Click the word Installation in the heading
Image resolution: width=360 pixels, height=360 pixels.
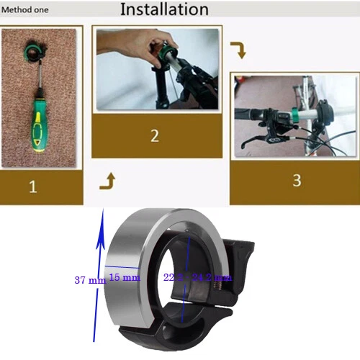click(164, 9)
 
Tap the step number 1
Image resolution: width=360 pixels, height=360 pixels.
click(32, 188)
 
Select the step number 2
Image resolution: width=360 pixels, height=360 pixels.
click(154, 135)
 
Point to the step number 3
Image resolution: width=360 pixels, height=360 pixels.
click(297, 180)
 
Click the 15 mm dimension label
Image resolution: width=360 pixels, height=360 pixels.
click(125, 276)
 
